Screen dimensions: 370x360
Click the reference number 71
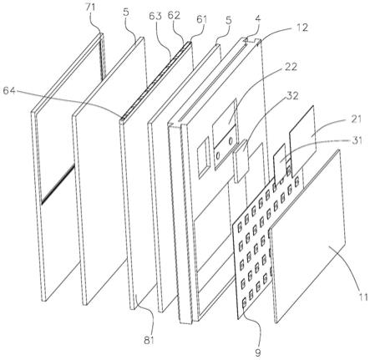(91, 8)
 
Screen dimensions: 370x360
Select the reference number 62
(174, 15)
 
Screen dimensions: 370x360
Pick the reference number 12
(301, 28)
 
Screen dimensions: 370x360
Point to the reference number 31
(356, 140)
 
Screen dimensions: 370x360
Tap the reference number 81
(149, 340)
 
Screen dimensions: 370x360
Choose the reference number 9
(258, 352)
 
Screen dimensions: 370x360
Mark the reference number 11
(362, 297)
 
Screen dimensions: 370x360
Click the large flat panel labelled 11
(308, 236)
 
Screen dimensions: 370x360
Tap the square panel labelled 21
(302, 141)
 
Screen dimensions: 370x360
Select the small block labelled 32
(241, 161)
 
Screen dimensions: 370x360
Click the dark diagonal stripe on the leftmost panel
(58, 184)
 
